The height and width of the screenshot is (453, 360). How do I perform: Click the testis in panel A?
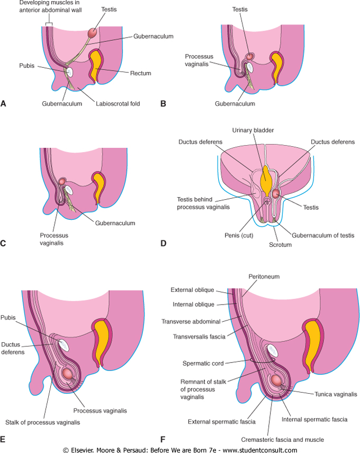(x=93, y=32)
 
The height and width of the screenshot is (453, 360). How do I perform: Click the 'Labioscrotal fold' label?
(x=118, y=104)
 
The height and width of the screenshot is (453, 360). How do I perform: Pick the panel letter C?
(x=4, y=243)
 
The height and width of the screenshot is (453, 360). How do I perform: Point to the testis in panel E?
(x=68, y=373)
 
